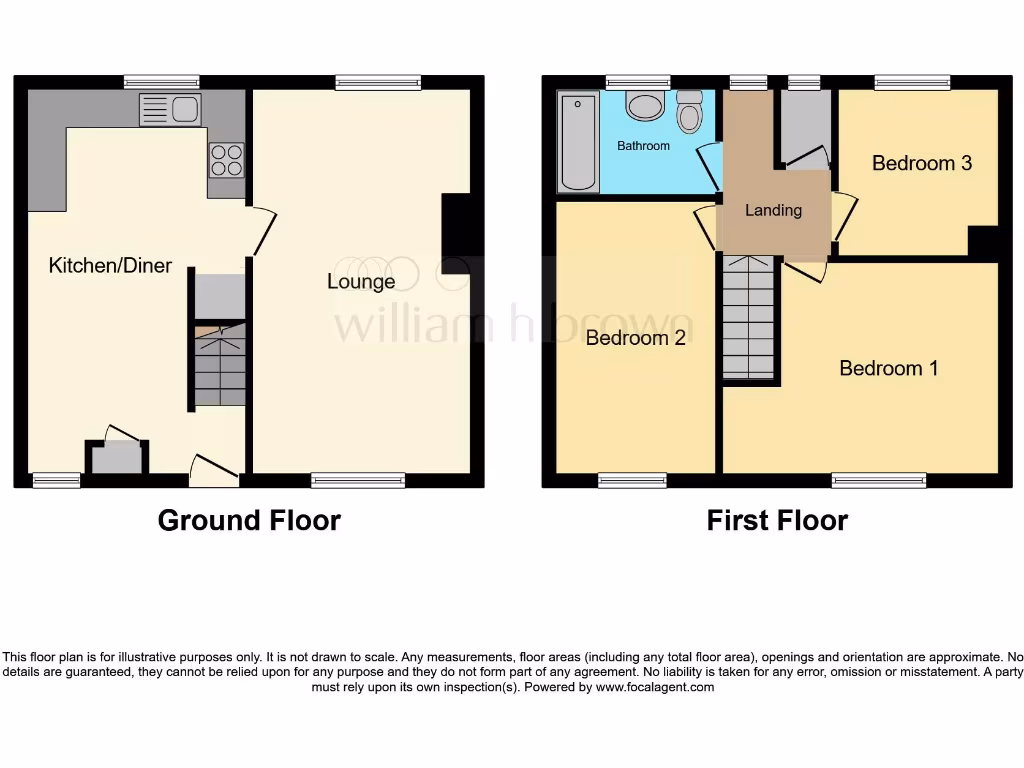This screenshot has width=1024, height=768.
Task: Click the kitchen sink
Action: [170, 109]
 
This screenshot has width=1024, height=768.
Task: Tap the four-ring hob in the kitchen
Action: [225, 160]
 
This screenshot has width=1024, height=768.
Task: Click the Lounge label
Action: [361, 282]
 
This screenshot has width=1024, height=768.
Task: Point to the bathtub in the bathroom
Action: [577, 142]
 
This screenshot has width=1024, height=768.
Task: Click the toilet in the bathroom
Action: [689, 112]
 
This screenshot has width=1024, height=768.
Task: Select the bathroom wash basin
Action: [644, 106]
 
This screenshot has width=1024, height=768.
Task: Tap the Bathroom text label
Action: [643, 146]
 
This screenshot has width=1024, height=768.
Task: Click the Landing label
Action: [773, 210]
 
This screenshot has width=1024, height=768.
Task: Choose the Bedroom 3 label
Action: [921, 163]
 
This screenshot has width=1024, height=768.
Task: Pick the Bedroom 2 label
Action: [635, 338]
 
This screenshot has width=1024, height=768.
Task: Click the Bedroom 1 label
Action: [888, 368]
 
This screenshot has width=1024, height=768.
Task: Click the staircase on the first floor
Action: [748, 317]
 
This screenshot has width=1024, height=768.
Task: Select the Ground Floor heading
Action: [249, 520]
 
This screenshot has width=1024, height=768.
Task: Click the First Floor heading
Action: [777, 520]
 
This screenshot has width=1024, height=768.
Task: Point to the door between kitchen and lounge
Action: [263, 230]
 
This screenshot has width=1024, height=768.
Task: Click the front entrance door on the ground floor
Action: [213, 470]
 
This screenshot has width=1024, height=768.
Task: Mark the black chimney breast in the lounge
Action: [455, 233]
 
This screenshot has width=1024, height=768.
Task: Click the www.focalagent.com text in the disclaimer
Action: [655, 687]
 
